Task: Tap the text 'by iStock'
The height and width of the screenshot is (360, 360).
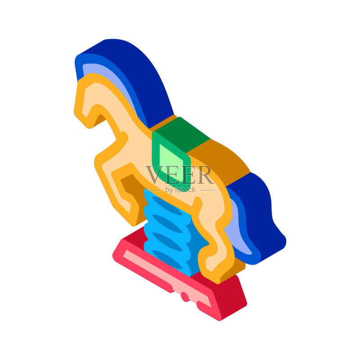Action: (180, 190)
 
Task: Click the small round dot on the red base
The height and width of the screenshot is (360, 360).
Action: (185, 296)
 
